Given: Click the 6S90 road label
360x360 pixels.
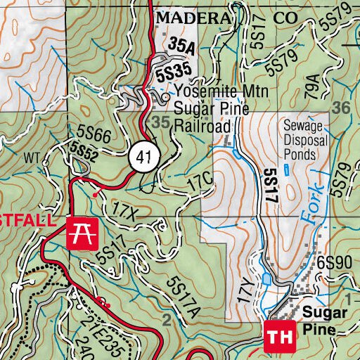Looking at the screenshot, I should click(x=333, y=262).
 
